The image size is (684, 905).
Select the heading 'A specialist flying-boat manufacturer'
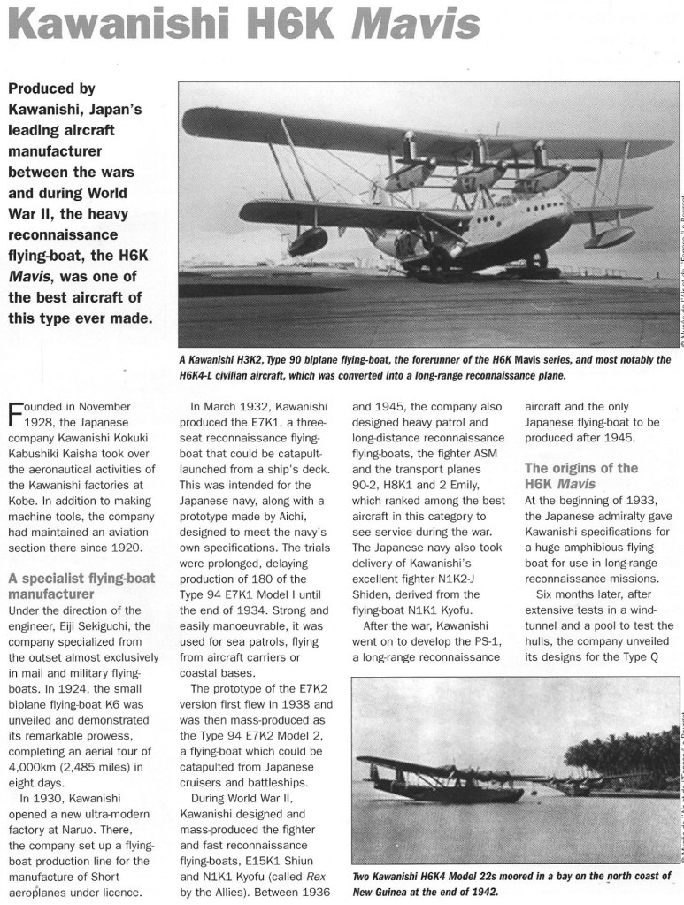[x=81, y=587]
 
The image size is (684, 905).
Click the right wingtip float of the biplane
[x=610, y=236]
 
